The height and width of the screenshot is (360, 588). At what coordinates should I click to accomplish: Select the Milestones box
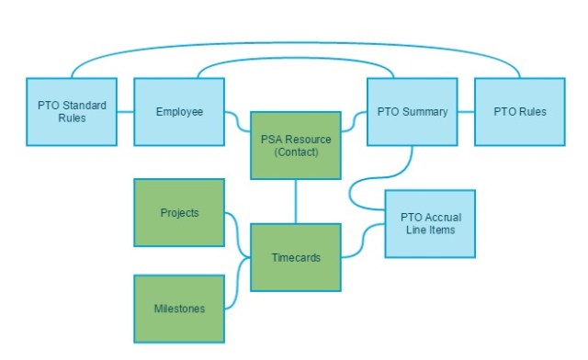tap(179, 309)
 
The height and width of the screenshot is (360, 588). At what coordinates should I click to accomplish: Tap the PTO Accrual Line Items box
tap(430, 223)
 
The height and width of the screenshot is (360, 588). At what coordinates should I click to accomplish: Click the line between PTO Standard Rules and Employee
tap(126, 112)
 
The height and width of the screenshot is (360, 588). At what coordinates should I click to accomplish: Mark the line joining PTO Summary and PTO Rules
tap(466, 112)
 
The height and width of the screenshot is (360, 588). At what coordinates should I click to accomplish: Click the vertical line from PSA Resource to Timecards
tap(296, 203)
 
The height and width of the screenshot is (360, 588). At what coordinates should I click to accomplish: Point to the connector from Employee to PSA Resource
tap(237, 120)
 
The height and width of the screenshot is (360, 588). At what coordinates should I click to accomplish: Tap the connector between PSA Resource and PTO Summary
tap(355, 120)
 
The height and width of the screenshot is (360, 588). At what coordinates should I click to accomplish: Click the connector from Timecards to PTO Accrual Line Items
tap(364, 241)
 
